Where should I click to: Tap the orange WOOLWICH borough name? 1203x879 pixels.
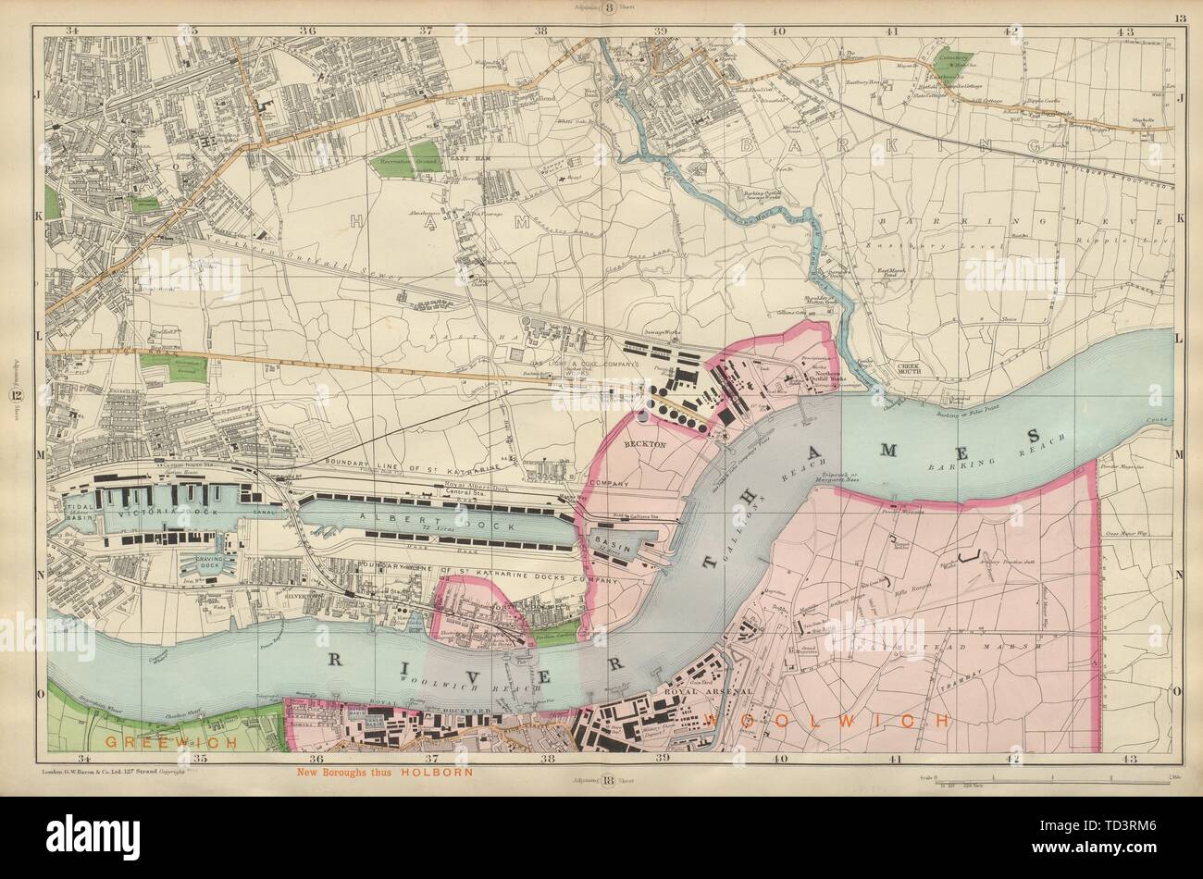click(x=827, y=720)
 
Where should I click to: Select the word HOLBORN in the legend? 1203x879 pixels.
click(x=440, y=772)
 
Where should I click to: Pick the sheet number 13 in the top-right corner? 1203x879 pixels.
click(x=1179, y=18)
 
